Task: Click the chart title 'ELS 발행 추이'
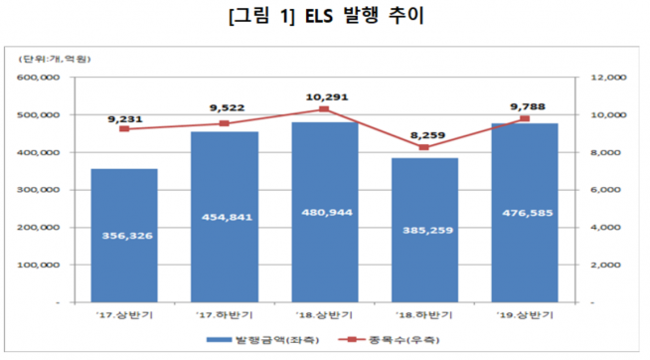pyautogui.click(x=324, y=19)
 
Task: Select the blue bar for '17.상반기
pyautogui.click(x=124, y=235)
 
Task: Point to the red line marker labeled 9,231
pyautogui.click(x=124, y=129)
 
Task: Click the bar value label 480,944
pyautogui.click(x=326, y=212)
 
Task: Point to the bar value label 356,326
pyautogui.click(x=124, y=236)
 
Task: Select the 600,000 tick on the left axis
pyautogui.click(x=40, y=78)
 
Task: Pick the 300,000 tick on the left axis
pyautogui.click(x=40, y=189)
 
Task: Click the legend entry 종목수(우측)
pyautogui.click(x=383, y=340)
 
